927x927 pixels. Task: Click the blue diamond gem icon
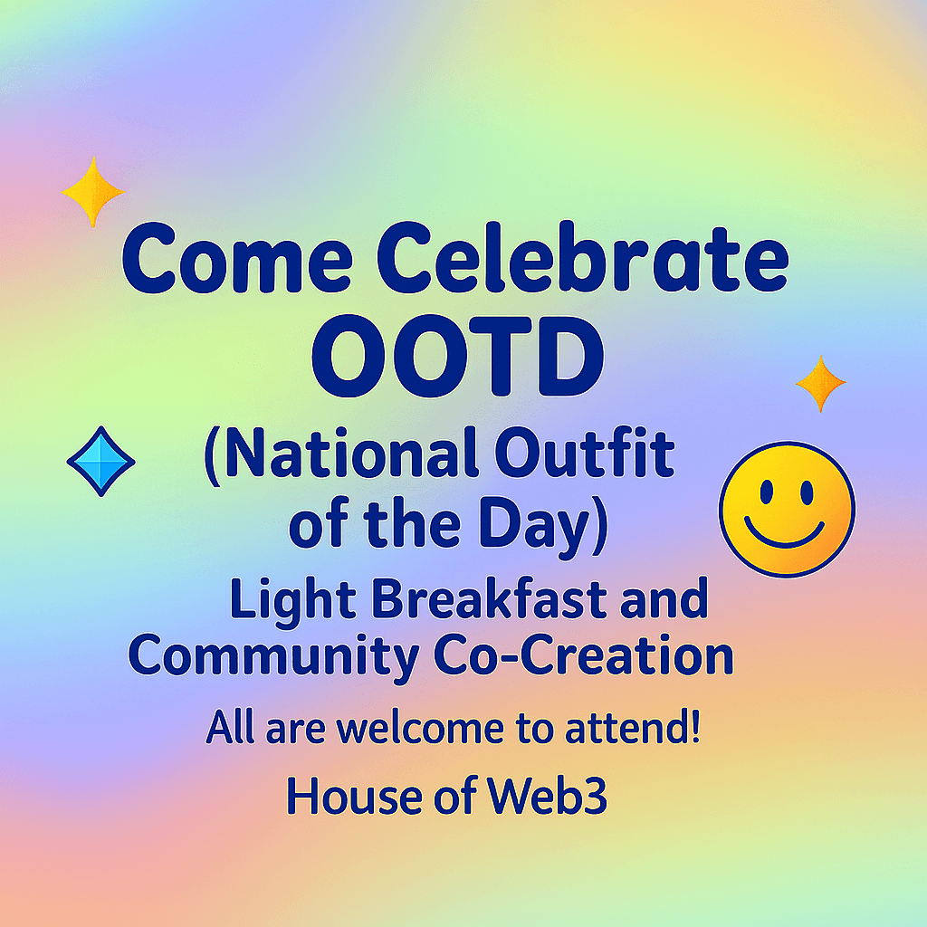tap(100, 462)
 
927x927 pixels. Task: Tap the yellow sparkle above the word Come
tap(92, 191)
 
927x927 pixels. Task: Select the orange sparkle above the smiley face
tap(820, 384)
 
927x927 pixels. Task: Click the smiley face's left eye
tap(767, 493)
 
